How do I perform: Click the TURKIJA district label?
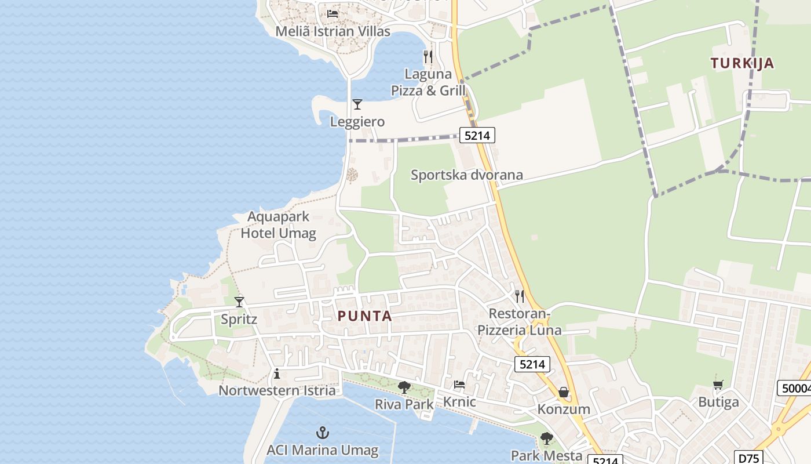[742, 63]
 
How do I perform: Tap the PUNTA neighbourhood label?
[365, 316]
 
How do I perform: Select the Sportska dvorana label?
[466, 175]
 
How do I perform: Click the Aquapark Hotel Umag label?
[279, 225]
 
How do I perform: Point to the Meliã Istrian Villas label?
[333, 31]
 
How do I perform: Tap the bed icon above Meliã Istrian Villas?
[333, 13]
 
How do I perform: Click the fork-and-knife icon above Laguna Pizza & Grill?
[428, 56]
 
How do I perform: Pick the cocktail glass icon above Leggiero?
[357, 104]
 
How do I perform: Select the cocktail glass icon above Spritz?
[239, 302]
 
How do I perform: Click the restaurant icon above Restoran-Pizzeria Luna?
[520, 296]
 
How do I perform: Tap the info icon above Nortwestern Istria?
[277, 374]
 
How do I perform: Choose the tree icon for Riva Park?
[404, 387]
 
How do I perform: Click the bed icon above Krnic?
[459, 385]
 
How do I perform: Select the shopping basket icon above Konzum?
[564, 393]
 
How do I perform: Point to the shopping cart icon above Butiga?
[718, 385]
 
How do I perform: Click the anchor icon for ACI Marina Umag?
[322, 433]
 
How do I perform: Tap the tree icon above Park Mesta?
[546, 438]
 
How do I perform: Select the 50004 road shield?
[794, 388]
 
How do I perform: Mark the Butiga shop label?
[718, 402]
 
